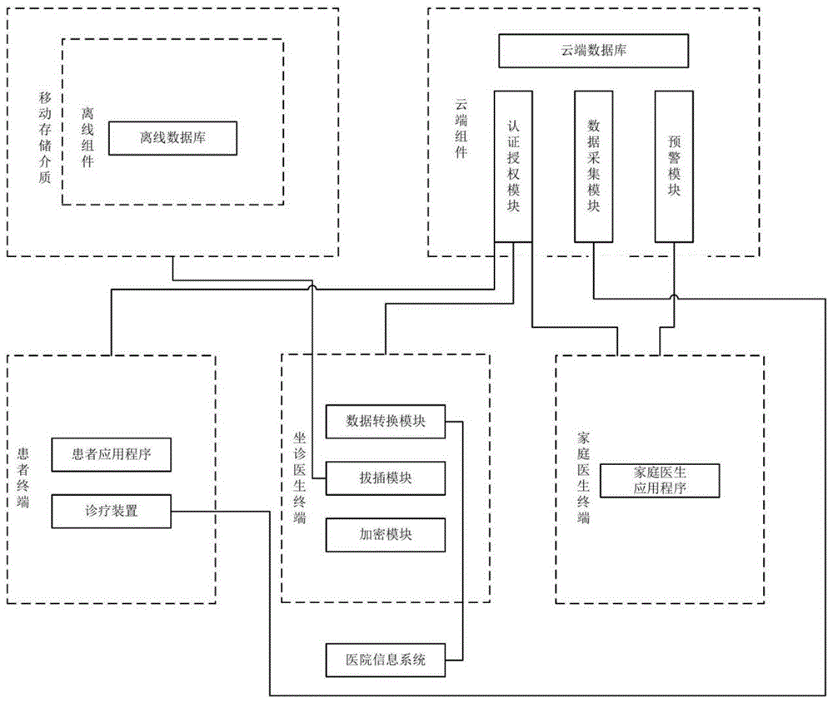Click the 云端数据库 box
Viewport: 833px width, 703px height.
pyautogui.click(x=593, y=51)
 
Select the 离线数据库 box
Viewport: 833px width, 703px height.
pyautogui.click(x=173, y=138)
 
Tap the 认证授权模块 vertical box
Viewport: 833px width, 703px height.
pyautogui.click(x=513, y=166)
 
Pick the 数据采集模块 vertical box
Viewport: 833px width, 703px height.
pyautogui.click(x=594, y=166)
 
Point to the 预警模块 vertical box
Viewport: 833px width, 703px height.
pyautogui.click(x=674, y=166)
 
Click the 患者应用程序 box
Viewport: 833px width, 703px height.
pyautogui.click(x=111, y=454)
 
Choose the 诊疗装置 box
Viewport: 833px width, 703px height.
pyautogui.click(x=111, y=511)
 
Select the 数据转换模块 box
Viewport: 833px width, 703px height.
pyautogui.click(x=386, y=421)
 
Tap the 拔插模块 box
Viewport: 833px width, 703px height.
pyautogui.click(x=386, y=478)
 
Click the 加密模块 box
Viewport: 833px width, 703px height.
pyautogui.click(x=386, y=534)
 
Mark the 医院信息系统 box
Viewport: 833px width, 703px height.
pyautogui.click(x=386, y=660)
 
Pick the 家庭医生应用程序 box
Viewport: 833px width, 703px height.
pyautogui.click(x=660, y=480)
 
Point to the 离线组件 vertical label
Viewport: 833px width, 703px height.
pyautogui.click(x=87, y=137)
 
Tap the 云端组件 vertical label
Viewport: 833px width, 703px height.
pyautogui.click(x=460, y=128)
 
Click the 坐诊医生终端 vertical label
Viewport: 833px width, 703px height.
pyautogui.click(x=299, y=478)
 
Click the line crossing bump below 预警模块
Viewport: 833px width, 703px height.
pyautogui.click(x=674, y=296)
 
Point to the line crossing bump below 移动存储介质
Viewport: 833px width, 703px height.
pyautogui.click(x=313, y=288)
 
